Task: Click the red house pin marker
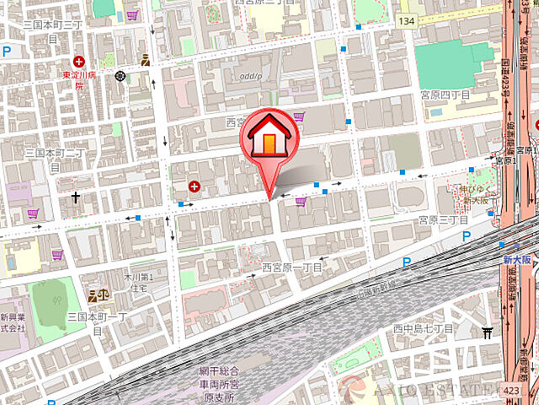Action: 267,139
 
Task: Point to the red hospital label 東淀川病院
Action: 81,81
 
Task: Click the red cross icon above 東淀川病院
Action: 79,61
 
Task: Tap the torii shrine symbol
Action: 487,332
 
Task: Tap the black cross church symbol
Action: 76,198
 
